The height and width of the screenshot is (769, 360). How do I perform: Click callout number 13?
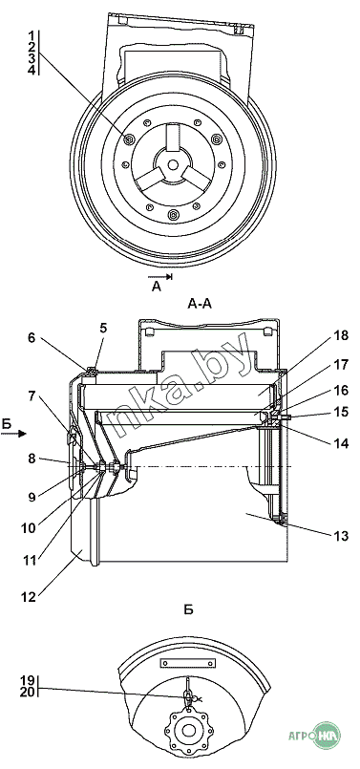[341, 536]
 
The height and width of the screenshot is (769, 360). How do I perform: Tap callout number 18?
[341, 336]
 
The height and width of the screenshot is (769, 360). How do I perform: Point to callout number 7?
[32, 395]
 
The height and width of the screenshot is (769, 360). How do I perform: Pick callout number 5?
[103, 328]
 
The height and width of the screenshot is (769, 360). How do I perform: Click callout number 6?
[32, 338]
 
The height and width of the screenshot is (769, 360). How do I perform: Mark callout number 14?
[341, 444]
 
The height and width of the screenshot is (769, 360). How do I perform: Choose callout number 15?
[341, 412]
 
